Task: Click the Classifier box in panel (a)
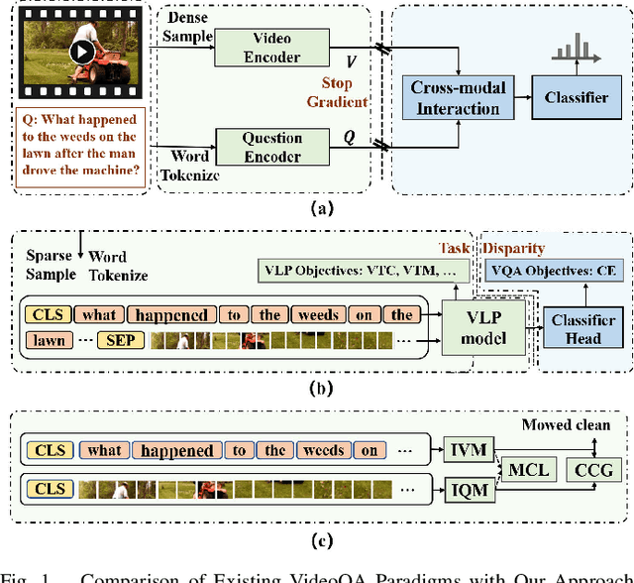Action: pos(577,97)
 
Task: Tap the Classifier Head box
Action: pos(582,328)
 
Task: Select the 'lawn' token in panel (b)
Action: pos(50,340)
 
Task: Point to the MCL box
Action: pos(527,470)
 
